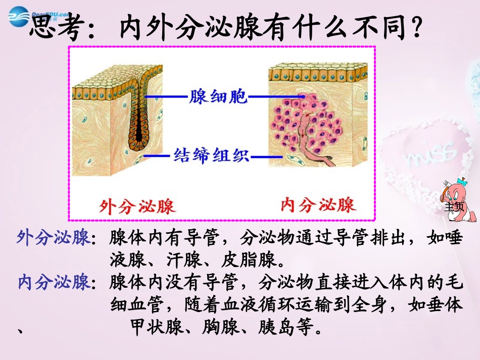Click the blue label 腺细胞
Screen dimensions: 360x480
[x=218, y=96]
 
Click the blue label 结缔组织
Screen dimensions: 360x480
[x=212, y=155]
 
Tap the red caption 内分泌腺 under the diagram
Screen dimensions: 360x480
[x=318, y=204]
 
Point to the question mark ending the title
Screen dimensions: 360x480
[x=416, y=29]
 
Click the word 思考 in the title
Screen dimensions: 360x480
[x=56, y=29]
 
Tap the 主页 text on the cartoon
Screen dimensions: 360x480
[x=454, y=206]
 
